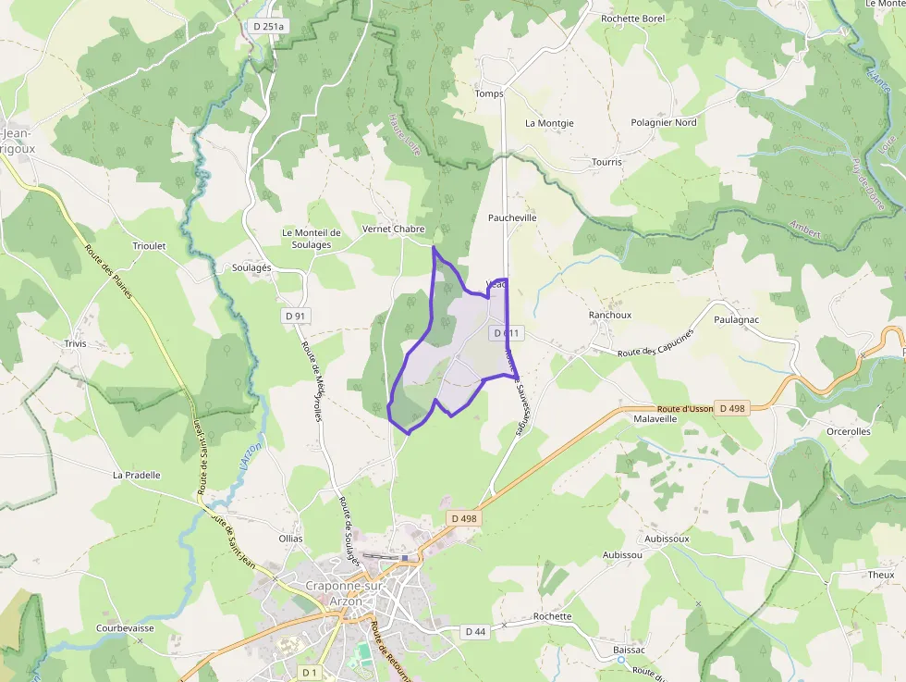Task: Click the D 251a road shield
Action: [269, 27]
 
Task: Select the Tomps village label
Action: [488, 93]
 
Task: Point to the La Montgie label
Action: [549, 123]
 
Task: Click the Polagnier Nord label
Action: [663, 122]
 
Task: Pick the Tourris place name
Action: [606, 162]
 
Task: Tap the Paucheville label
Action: [512, 217]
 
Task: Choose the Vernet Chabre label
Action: [393, 229]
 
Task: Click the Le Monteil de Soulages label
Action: [312, 239]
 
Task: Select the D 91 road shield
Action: [295, 316]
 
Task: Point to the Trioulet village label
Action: [149, 246]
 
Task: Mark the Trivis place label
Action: [75, 343]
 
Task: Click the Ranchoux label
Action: [610, 315]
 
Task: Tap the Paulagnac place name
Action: [736, 319]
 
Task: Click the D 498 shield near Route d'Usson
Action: [731, 408]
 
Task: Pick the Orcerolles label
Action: [848, 431]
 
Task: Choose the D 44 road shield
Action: [475, 631]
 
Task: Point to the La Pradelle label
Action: [136, 475]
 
